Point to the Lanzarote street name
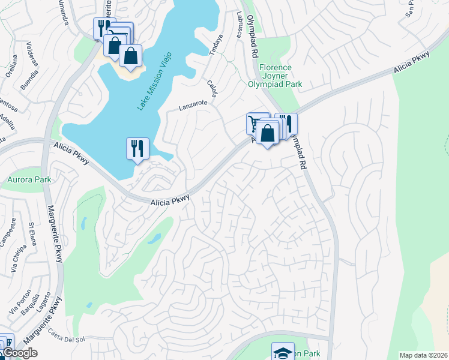tap(193, 105)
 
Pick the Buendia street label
tap(29, 80)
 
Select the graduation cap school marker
tap(283, 352)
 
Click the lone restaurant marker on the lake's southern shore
tap(137, 148)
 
